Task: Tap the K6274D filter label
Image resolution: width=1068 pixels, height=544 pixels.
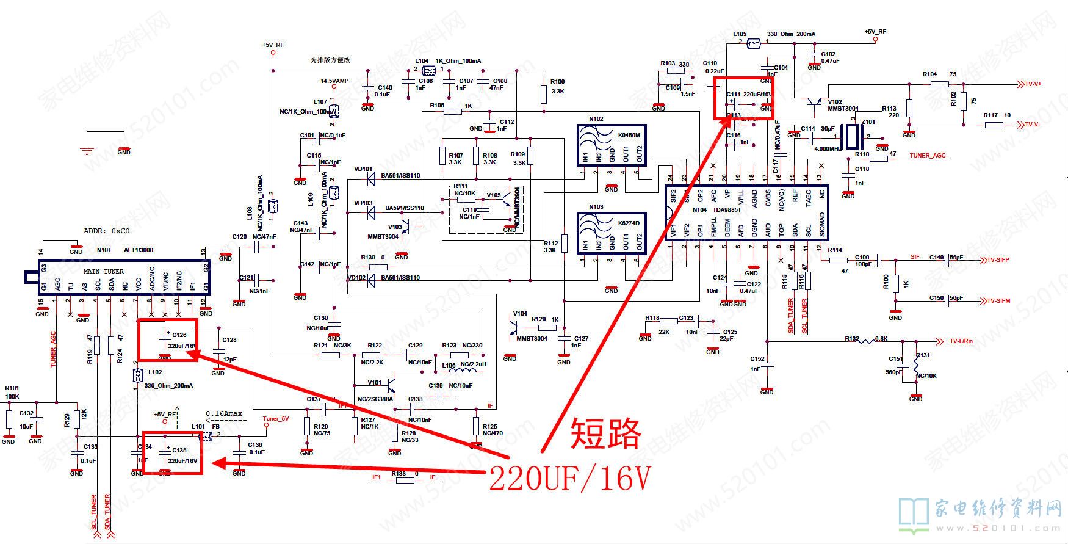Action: [x=629, y=223]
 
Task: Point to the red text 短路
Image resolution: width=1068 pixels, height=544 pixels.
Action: [x=605, y=434]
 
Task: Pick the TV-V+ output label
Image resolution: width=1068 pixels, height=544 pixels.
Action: [x=1032, y=84]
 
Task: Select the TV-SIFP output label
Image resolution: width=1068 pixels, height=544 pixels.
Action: [x=995, y=260]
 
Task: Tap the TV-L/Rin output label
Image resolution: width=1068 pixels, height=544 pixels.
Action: [x=961, y=341]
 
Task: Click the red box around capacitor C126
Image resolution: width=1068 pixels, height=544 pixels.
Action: [x=168, y=340]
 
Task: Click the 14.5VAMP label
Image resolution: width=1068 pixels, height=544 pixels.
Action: [x=335, y=81]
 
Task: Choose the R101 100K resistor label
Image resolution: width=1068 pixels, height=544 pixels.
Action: [x=12, y=392]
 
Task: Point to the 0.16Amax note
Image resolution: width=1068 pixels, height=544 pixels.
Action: [x=224, y=413]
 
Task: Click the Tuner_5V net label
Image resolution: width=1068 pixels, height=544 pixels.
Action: [x=275, y=419]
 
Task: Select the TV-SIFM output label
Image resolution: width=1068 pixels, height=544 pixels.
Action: [x=995, y=300]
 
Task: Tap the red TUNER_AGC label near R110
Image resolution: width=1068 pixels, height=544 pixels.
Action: [x=928, y=156]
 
